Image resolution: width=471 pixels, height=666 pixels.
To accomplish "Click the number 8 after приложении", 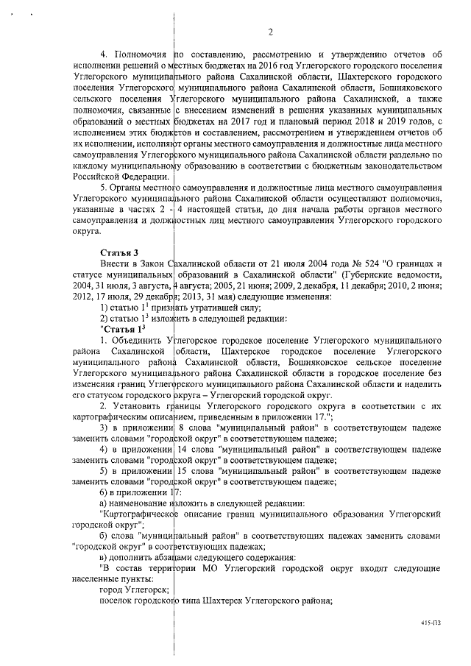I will click(x=180, y=428).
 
